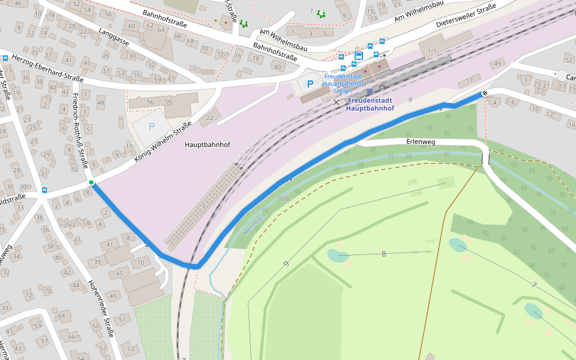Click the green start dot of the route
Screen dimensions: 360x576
click(91, 182)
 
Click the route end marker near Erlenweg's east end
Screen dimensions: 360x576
click(484, 94)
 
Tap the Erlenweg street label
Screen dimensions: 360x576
click(420, 142)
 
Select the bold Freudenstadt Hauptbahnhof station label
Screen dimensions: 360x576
click(370, 104)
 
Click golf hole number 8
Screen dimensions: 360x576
click(384, 254)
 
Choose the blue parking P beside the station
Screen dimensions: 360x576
click(310, 84)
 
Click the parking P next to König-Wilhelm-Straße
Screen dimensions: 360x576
click(151, 127)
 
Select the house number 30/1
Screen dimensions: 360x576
click(25, 187)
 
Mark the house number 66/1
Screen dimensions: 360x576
click(74, 337)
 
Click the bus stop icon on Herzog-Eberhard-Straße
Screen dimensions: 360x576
click(5, 58)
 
